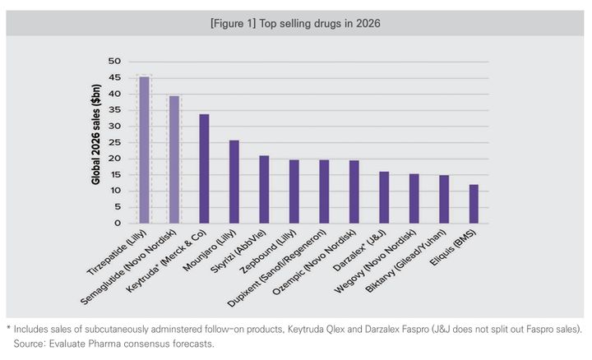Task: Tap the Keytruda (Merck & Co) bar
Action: [x=204, y=168]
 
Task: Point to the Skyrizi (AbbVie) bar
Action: [x=264, y=189]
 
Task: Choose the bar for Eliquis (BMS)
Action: [x=473, y=204]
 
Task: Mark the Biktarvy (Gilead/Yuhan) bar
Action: [x=443, y=199]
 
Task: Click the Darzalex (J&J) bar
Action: [x=383, y=197]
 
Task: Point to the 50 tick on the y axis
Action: [x=114, y=62]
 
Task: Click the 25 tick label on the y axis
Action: [x=114, y=142]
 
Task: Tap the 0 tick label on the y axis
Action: [x=118, y=223]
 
